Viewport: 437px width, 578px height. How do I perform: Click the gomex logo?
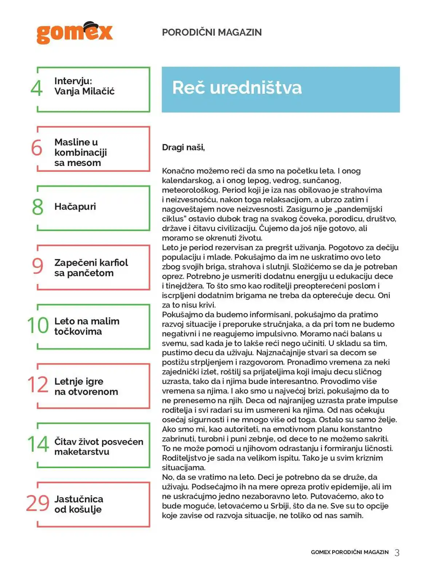pos(75,33)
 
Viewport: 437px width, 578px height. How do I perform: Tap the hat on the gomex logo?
pos(91,26)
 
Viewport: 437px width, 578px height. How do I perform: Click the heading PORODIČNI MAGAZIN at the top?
pos(212,32)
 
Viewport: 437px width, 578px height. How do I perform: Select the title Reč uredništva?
pos(237,88)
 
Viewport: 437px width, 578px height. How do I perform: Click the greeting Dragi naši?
pos(183,147)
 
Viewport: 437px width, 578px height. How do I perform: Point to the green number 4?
pos(36,88)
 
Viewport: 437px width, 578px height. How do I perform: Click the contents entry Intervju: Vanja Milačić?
pos(84,86)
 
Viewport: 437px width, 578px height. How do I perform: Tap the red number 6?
pos(36,148)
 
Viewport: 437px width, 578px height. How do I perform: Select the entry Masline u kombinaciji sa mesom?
pos(80,152)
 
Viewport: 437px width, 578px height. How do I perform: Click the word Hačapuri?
pos(75,206)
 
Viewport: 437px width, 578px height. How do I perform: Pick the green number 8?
pos(38,207)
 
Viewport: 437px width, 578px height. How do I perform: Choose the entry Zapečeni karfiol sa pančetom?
pos(91,268)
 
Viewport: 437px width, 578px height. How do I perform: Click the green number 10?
pos(38,325)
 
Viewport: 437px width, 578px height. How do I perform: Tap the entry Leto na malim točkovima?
pos(87,326)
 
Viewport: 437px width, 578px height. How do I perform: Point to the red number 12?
pos(38,385)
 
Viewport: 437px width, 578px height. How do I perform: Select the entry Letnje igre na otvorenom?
pos(86,386)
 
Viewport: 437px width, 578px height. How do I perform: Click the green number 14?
pos(38,444)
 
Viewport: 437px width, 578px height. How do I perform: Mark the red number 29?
pos(38,503)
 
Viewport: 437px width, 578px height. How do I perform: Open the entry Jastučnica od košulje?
pos(79,504)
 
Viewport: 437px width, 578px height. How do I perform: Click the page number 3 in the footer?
pos(397,553)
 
